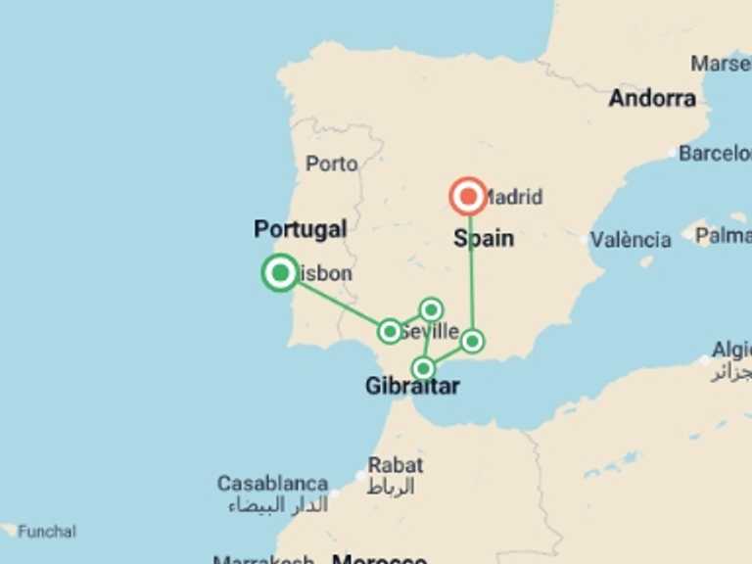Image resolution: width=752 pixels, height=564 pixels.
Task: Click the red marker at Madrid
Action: tap(469, 197)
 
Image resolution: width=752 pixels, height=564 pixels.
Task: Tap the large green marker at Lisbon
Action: tap(280, 272)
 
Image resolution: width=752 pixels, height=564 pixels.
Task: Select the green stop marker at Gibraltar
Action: tap(423, 368)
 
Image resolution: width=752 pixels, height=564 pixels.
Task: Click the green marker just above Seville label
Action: tap(431, 310)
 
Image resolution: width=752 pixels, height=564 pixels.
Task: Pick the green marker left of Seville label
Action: tap(390, 331)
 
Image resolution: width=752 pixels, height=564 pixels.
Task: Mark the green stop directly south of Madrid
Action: tap(472, 341)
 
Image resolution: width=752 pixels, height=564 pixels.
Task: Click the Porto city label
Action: tap(331, 164)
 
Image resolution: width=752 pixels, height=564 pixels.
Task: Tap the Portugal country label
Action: tap(300, 229)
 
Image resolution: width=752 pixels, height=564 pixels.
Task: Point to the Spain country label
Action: tap(484, 238)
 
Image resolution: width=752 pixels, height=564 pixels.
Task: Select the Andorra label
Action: tap(652, 98)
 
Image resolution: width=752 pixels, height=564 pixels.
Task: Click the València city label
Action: tap(631, 239)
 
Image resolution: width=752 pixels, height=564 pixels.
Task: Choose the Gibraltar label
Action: tap(412, 387)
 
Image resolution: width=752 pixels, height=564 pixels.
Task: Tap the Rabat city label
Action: tap(396, 465)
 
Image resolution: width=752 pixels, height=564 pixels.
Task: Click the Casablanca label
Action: tap(272, 484)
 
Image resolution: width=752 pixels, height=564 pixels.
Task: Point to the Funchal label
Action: tap(46, 532)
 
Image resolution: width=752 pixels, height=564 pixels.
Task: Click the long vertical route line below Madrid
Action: tap(471, 274)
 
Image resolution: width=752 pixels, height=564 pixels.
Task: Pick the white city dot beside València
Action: tap(585, 240)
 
